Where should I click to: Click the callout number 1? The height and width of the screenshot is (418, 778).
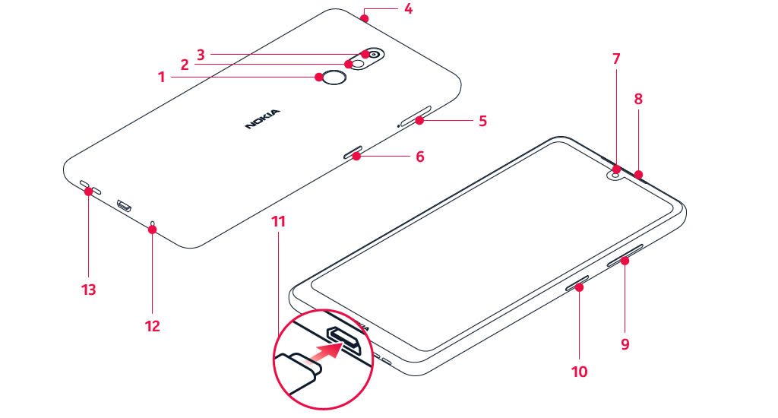point(161,78)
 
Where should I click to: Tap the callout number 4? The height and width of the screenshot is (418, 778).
point(408,9)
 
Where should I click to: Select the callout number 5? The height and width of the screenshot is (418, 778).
point(482,121)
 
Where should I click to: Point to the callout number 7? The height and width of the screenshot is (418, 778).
point(616,59)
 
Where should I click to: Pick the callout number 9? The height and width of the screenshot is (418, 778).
point(625,344)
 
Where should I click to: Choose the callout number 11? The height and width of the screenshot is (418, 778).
point(279,221)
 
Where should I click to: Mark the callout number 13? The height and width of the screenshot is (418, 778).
point(89,290)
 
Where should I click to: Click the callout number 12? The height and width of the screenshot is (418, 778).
point(152,326)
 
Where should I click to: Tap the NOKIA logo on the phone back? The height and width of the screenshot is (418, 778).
point(262,119)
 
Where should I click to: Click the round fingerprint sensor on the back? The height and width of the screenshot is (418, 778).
point(334,77)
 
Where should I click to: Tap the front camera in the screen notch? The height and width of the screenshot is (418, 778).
point(616,175)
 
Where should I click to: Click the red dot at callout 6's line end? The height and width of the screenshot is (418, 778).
point(356,157)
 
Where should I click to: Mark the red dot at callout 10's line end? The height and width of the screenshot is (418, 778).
point(579,287)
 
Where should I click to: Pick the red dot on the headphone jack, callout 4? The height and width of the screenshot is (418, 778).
point(365,19)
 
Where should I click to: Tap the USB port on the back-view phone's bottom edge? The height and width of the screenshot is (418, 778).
point(124,205)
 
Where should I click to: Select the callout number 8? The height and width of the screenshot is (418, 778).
point(638,100)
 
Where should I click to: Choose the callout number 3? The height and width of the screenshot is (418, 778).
point(201,54)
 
